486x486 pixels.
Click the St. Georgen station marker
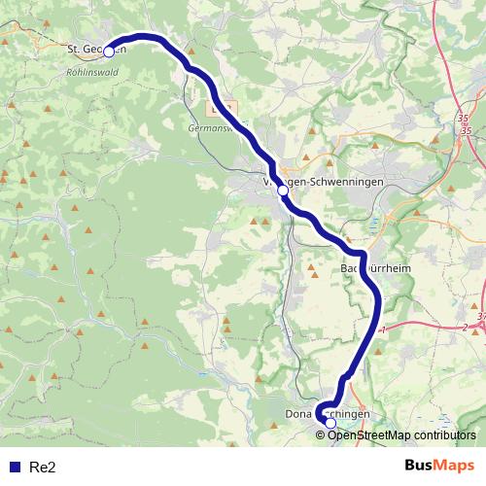[109, 51]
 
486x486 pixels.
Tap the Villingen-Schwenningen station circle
[283, 191]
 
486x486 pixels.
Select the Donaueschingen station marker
[330, 423]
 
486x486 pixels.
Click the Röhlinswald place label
[93, 70]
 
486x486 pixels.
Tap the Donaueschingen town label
[327, 414]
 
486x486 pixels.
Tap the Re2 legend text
[44, 468]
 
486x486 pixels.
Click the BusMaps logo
[439, 467]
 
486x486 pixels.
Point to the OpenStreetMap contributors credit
[401, 434]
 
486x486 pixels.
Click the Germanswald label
[212, 126]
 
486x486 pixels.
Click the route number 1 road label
[383, 330]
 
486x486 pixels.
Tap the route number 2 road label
[465, 328]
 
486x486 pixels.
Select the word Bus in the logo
[420, 467]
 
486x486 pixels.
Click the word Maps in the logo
[456, 467]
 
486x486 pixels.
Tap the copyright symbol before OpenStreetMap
[320, 434]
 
